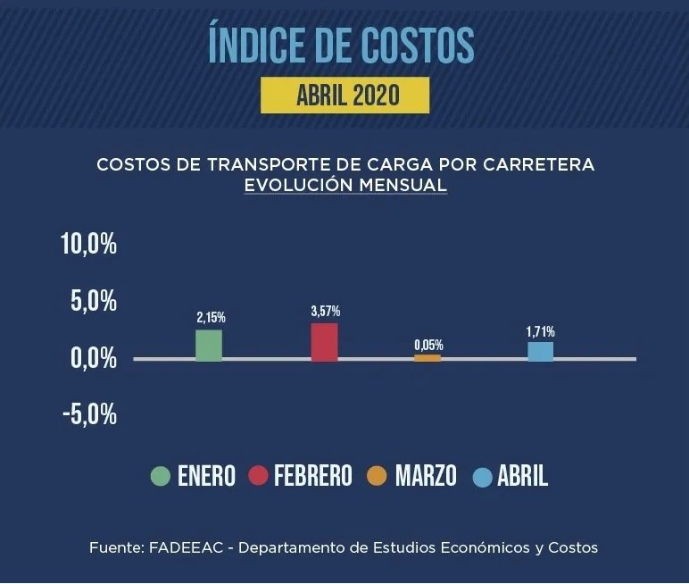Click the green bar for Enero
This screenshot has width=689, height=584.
(x=209, y=345)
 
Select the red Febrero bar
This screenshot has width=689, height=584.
(x=324, y=342)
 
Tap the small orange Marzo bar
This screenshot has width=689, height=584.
(x=428, y=357)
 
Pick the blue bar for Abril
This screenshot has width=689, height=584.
(x=540, y=351)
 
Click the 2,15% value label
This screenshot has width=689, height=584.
(x=211, y=317)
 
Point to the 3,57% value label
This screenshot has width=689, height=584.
(x=325, y=311)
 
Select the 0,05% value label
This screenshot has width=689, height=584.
(x=428, y=344)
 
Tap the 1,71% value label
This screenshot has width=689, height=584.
(x=540, y=331)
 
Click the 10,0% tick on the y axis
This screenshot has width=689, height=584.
(x=88, y=246)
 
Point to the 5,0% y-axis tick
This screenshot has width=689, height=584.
(x=94, y=302)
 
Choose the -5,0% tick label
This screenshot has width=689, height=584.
(x=88, y=415)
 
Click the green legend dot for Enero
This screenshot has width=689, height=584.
(x=161, y=476)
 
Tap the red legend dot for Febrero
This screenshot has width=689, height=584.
(x=258, y=476)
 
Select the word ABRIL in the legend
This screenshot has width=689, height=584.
(x=522, y=476)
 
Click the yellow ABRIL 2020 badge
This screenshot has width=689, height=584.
(x=344, y=95)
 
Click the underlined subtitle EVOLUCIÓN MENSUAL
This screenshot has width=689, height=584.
(x=344, y=185)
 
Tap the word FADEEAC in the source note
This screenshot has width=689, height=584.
(x=178, y=546)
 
